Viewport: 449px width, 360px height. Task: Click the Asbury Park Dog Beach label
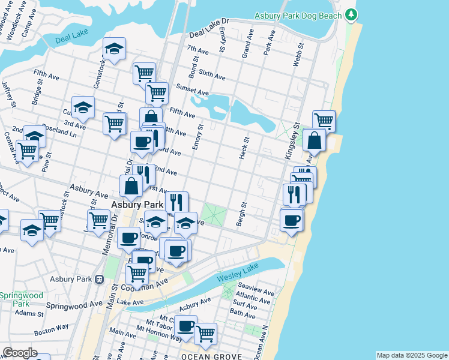[x=298, y=16]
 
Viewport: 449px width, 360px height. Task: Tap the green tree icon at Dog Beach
[x=352, y=15]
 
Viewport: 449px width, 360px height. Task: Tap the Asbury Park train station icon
[x=100, y=279]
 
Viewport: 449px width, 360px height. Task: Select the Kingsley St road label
[x=292, y=140]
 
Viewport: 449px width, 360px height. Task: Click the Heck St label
[x=244, y=148]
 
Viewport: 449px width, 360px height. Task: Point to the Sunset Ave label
[x=192, y=90]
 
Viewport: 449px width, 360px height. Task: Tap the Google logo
[x=19, y=353]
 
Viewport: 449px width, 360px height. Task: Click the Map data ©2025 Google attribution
[x=412, y=355]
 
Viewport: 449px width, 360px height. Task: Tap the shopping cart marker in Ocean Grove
[x=205, y=334]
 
